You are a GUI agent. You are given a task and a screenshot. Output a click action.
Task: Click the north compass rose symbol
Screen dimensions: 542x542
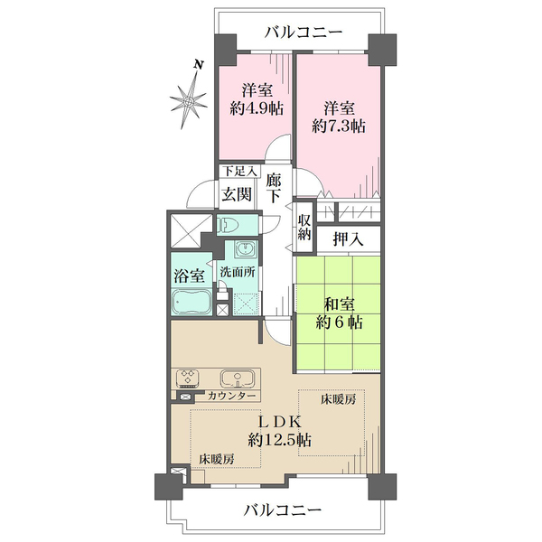(189, 100)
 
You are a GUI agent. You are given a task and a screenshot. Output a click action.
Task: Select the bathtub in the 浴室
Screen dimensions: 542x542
(192, 303)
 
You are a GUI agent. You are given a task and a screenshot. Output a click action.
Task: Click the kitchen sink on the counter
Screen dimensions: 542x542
(238, 378)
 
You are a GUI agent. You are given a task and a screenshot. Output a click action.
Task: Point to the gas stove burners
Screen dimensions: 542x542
(188, 378)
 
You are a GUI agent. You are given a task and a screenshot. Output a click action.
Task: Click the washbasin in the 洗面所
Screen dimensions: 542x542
(246, 249)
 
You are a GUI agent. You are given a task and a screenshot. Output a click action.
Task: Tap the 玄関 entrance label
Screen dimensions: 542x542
(237, 194)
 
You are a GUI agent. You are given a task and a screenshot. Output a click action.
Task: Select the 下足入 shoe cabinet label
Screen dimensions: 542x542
(239, 171)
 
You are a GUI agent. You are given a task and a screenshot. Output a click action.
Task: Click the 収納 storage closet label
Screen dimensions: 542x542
(304, 229)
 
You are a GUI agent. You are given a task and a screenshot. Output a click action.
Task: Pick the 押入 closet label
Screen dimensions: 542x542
(349, 238)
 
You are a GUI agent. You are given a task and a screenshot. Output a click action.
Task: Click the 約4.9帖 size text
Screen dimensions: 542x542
(257, 109)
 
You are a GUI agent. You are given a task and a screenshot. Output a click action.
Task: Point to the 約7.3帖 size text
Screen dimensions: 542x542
(339, 126)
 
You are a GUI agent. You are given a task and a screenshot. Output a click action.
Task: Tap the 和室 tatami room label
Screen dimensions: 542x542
(339, 305)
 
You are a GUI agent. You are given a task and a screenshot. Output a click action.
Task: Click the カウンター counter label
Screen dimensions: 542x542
(231, 396)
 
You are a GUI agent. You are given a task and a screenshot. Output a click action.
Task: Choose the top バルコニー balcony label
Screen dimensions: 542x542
(304, 33)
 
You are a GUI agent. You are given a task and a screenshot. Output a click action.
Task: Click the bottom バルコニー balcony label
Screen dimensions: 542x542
(283, 510)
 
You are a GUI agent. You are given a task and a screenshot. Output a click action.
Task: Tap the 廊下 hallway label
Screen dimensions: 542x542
(274, 188)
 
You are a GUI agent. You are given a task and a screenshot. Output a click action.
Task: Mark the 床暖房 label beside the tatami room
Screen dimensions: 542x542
(338, 400)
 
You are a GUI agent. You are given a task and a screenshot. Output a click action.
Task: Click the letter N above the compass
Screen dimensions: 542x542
(198, 64)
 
